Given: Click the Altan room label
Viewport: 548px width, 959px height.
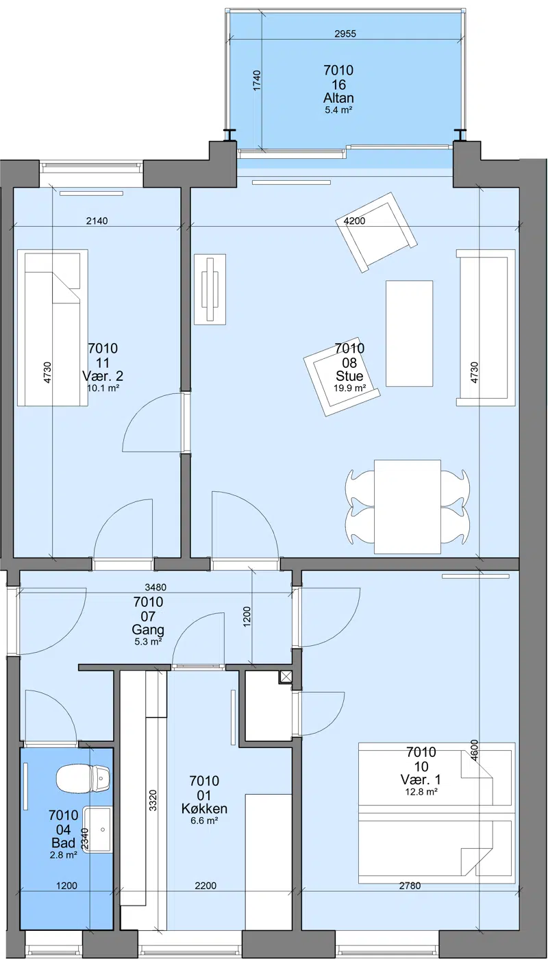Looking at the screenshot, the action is [x=338, y=97].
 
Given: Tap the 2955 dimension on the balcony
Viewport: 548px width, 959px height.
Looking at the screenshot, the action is [x=345, y=34].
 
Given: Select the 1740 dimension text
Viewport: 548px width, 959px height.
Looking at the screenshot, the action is [x=256, y=80].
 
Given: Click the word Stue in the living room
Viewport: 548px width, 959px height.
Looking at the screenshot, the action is [x=349, y=376].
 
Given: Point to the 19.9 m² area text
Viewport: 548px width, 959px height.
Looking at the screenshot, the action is [x=349, y=388].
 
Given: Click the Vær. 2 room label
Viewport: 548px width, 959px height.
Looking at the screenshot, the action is [x=103, y=376].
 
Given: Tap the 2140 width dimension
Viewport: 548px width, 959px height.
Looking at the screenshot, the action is [x=97, y=221].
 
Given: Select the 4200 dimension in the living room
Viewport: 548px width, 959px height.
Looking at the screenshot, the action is [x=355, y=221].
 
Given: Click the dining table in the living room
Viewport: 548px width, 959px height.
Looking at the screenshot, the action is [x=408, y=506].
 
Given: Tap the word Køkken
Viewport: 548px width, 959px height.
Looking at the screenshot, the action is [x=204, y=808].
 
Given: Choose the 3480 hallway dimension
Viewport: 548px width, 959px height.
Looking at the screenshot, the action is [x=155, y=588].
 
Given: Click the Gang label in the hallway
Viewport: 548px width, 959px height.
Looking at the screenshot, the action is [x=148, y=630].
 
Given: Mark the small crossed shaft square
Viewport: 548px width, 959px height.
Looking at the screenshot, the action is [x=286, y=677].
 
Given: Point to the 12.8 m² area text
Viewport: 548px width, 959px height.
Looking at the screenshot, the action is [x=421, y=792].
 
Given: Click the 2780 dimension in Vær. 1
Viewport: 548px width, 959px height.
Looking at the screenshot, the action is [x=410, y=885].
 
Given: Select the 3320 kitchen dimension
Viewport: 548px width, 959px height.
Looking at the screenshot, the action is [x=153, y=800].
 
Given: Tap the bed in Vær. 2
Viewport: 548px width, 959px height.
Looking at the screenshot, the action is [x=53, y=328].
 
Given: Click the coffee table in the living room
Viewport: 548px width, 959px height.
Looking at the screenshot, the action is [x=410, y=334].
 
